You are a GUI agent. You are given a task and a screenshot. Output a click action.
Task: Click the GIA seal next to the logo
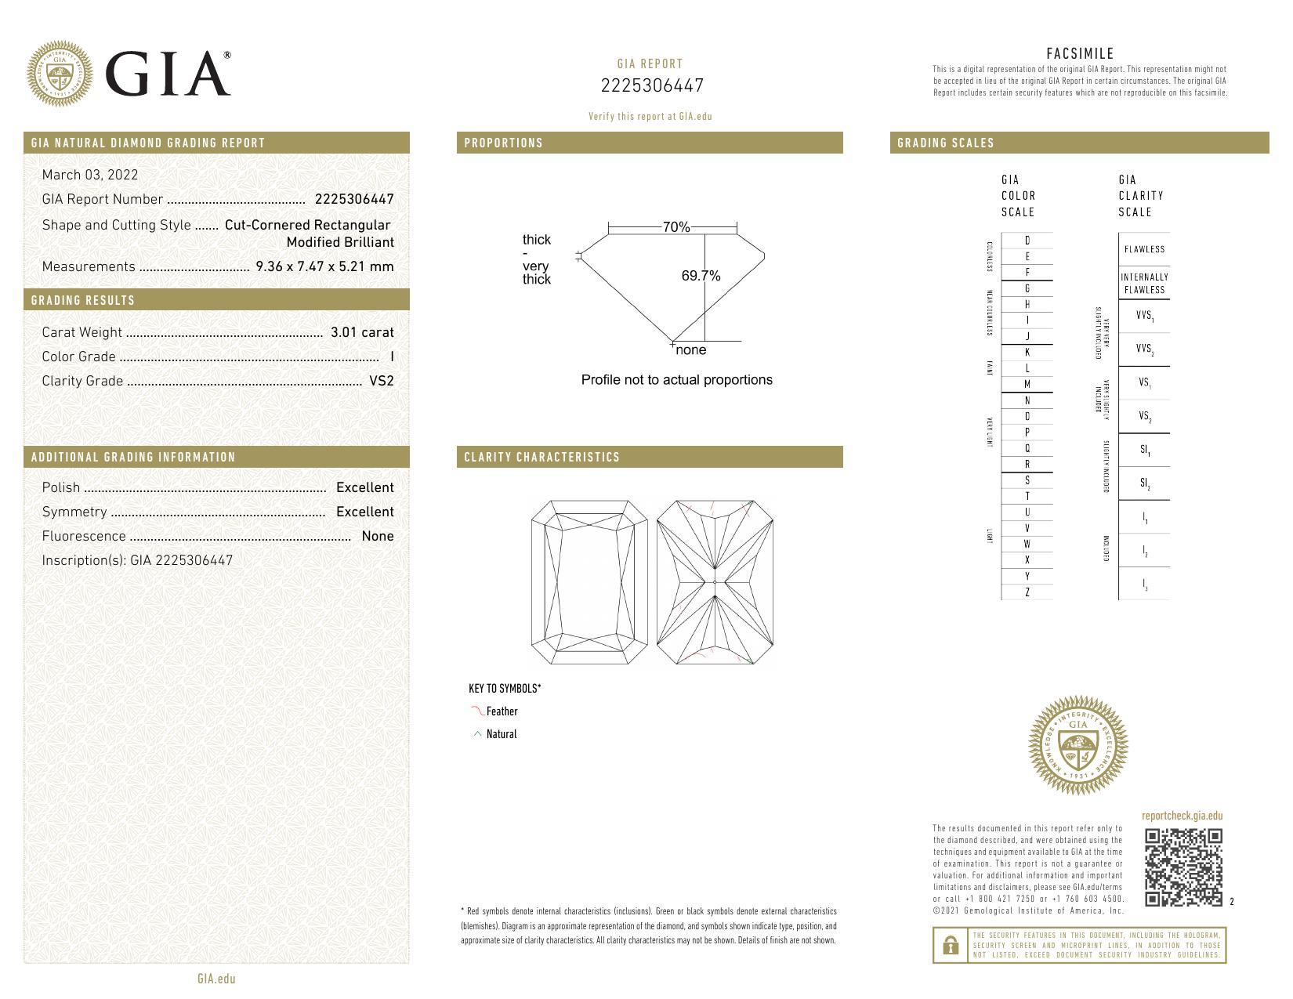pos(60,74)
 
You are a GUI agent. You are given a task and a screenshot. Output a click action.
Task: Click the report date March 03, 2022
pos(89,175)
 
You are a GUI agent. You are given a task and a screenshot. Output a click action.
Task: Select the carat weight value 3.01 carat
pos(362,332)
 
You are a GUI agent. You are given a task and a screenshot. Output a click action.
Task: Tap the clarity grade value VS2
pos(381,381)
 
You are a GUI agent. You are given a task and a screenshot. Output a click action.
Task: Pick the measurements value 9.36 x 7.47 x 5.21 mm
pos(324,266)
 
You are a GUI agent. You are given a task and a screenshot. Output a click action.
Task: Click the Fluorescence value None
pos(377,536)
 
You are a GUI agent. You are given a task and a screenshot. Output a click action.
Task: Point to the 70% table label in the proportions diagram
pos(675,227)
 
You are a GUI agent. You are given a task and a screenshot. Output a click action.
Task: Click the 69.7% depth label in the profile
pos(700,276)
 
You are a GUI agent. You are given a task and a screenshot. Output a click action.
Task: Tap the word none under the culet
pos(690,350)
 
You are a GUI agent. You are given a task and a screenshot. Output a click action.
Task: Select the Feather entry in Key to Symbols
pos(501,711)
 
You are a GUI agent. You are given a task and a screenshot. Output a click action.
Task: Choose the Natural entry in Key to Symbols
pos(501,734)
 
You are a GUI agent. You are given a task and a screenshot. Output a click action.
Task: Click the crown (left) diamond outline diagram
pos(589,583)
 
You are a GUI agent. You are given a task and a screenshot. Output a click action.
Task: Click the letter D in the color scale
pos(1027,241)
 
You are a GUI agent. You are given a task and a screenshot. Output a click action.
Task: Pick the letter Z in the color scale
pos(1027,592)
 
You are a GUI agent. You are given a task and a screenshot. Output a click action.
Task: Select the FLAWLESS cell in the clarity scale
pos(1144,249)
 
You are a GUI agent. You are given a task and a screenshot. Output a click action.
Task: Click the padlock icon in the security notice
pos(951,945)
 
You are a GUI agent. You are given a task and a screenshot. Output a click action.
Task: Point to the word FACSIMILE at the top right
pos(1079,53)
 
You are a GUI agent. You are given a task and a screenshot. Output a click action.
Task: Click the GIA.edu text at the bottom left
pos(216,979)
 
